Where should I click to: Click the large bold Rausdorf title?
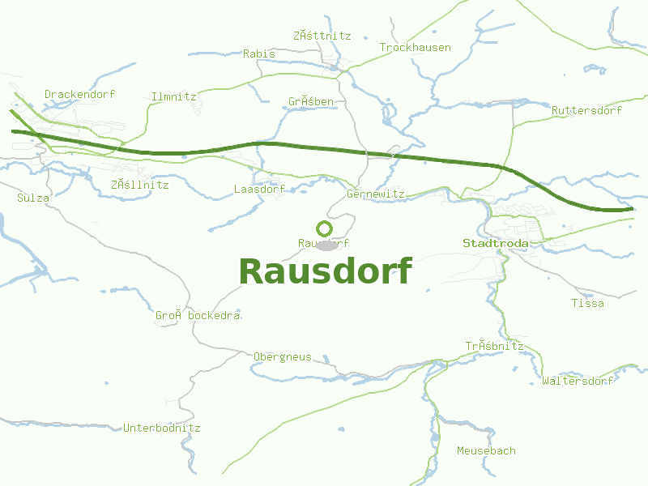(x=326, y=271)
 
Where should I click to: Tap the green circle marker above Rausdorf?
(x=324, y=228)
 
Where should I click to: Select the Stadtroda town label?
(x=496, y=243)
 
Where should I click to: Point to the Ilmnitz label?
(x=174, y=96)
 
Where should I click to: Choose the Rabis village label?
(x=259, y=53)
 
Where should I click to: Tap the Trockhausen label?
(x=416, y=47)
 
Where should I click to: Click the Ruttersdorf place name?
(x=586, y=110)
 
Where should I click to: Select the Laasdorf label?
(x=259, y=189)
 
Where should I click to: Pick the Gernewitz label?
(x=375, y=194)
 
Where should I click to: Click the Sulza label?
(x=33, y=198)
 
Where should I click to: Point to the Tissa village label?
(x=587, y=303)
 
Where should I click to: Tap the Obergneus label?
(x=283, y=356)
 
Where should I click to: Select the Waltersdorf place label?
(x=578, y=381)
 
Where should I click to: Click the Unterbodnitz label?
(x=162, y=428)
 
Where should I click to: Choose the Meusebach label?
(x=486, y=450)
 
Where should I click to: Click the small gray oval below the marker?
(x=327, y=245)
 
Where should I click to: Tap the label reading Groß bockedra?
(x=198, y=315)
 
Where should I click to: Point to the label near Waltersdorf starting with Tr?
(x=494, y=346)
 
